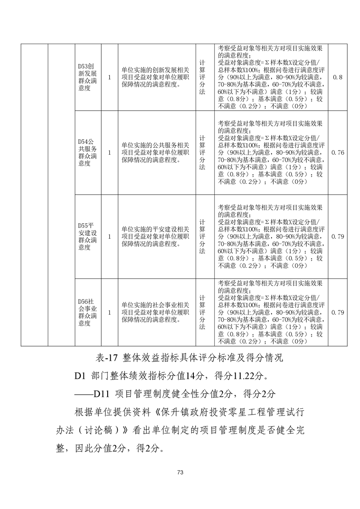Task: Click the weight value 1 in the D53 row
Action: coord(109,77)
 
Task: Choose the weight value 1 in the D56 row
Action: coord(109,313)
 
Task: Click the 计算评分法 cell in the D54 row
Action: coord(202,153)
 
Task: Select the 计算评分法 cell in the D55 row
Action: coord(202,236)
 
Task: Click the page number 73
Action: coord(180,473)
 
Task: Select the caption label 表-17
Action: coord(108,357)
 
